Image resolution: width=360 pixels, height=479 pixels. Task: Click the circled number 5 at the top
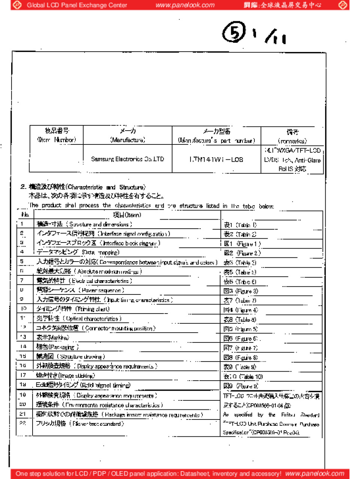coord(234,32)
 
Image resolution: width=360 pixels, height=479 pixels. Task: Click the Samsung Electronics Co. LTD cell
coord(127,159)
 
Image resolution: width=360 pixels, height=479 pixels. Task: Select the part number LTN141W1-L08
coord(216,159)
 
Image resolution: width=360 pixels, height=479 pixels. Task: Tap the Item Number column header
coord(57,135)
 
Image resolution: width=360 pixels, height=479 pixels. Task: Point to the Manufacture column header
coord(128,135)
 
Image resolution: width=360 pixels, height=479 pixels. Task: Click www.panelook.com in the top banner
coord(185,5)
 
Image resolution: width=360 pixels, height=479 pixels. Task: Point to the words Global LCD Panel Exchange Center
coord(77,5)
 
